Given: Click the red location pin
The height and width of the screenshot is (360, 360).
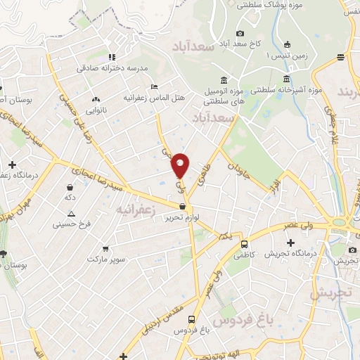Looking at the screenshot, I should pyautogui.click(x=181, y=165).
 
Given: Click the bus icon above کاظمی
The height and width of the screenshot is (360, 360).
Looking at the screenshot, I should pyautogui.click(x=244, y=245).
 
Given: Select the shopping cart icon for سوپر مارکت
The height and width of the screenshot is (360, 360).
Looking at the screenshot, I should pyautogui.click(x=105, y=248).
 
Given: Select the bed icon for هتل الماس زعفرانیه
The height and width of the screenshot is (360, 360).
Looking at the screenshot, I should pyautogui.click(x=154, y=86).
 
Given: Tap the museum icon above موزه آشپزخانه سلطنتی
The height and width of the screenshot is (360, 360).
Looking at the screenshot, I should pyautogui.click(x=286, y=79).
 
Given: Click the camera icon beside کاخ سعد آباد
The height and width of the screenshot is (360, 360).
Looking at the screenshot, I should pyautogui.click(x=240, y=33).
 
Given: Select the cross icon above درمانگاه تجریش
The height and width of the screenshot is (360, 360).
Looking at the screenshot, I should pyautogui.click(x=310, y=243).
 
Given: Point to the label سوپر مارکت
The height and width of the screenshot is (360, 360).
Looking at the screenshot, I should pyautogui.click(x=106, y=259).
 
